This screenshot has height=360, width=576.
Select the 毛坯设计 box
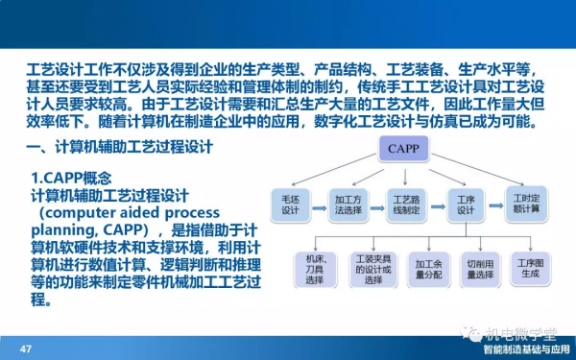[x=291, y=205]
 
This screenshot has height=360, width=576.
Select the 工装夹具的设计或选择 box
[x=372, y=265]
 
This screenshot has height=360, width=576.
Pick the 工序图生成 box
[x=531, y=265]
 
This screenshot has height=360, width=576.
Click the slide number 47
[x=26, y=348]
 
